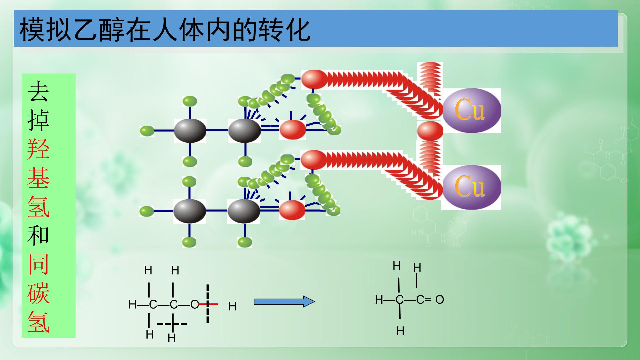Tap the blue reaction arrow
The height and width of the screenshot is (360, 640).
pos(284,302)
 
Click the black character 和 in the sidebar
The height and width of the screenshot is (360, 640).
pos(39,235)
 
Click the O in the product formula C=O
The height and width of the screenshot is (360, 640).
pos(440,300)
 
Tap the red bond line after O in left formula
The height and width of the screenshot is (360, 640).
pos(209,304)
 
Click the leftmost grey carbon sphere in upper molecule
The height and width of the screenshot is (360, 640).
pos(190,130)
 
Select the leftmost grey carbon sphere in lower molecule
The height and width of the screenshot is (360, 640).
pos(190,211)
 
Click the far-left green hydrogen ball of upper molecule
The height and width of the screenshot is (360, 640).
pos(147,131)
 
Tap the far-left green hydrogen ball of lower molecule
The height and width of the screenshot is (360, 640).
pos(146,211)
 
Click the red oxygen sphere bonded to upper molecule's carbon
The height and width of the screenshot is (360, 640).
pos(293,130)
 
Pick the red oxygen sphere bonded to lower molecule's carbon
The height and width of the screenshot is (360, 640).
pos(292,210)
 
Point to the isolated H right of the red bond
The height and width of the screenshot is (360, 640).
pos(232,306)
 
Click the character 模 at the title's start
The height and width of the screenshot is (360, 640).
pos(32,30)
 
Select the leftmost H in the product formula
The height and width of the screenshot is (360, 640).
pos(379,300)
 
